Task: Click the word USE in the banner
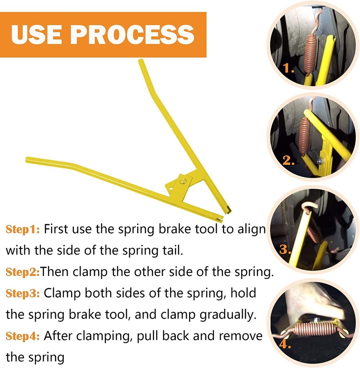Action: (x=37, y=34)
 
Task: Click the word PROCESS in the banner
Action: (x=133, y=34)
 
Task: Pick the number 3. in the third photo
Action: (x=285, y=250)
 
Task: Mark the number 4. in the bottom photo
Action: (x=283, y=343)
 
